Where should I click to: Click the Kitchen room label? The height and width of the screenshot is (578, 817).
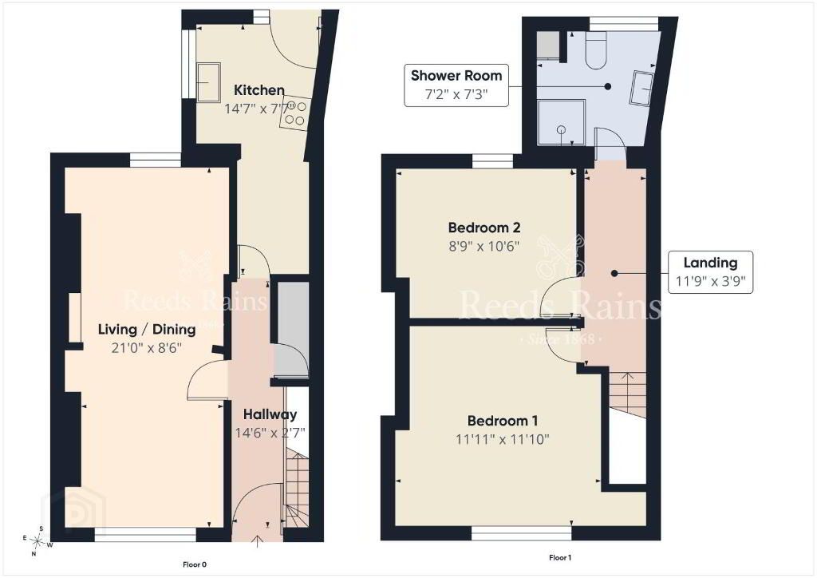click(x=259, y=90)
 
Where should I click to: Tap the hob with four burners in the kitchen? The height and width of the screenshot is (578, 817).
click(x=295, y=113)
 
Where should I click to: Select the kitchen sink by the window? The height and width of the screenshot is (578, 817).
click(x=208, y=81)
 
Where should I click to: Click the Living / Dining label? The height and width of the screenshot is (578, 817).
click(x=147, y=330)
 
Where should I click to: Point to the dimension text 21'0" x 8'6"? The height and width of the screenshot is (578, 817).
click(x=147, y=347)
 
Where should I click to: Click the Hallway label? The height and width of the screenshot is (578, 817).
click(x=270, y=415)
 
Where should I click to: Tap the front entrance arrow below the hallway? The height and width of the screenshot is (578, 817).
click(x=258, y=541)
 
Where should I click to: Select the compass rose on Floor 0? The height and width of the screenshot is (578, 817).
click(x=37, y=541)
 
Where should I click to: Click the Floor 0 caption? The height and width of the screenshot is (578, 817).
click(x=195, y=564)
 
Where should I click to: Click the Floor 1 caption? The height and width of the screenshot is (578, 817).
click(x=560, y=558)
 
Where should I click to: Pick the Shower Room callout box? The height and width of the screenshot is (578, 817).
click(x=456, y=85)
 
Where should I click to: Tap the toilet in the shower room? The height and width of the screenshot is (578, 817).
click(x=595, y=50)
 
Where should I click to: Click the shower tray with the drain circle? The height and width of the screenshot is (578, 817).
click(x=562, y=123)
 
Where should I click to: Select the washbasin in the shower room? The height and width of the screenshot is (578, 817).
click(x=642, y=89)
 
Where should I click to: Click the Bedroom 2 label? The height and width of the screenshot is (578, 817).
click(x=484, y=228)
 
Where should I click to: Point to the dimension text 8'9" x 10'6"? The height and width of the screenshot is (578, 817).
click(x=484, y=246)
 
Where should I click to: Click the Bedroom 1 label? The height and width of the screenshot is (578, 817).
click(x=503, y=421)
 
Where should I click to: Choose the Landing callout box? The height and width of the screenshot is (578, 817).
click(x=711, y=272)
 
